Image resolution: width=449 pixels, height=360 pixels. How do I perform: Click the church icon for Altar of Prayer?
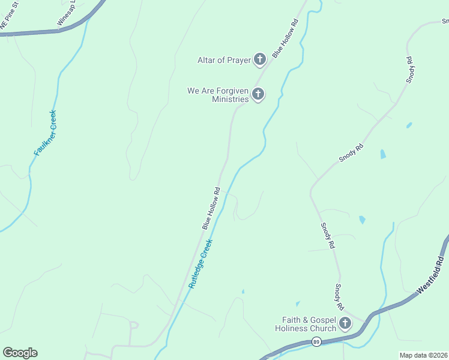click(x=260, y=59)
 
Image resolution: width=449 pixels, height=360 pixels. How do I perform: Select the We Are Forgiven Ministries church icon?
click(x=258, y=94)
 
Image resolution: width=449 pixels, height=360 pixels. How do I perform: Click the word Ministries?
click(x=230, y=99)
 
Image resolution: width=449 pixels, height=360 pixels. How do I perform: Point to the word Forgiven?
click(x=231, y=91)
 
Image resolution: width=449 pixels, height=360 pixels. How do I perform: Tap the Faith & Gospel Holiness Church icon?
click(x=345, y=323)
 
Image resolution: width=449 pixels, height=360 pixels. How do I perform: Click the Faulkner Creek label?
click(x=45, y=133)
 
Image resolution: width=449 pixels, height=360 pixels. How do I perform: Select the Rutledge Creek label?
click(x=200, y=264)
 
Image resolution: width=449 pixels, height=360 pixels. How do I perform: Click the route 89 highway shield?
click(x=316, y=341)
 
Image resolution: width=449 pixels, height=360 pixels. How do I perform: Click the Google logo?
click(x=20, y=353)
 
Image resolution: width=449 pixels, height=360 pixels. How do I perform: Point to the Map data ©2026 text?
click(x=424, y=355)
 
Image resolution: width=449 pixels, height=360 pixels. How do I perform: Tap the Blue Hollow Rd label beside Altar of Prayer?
click(x=285, y=39)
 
